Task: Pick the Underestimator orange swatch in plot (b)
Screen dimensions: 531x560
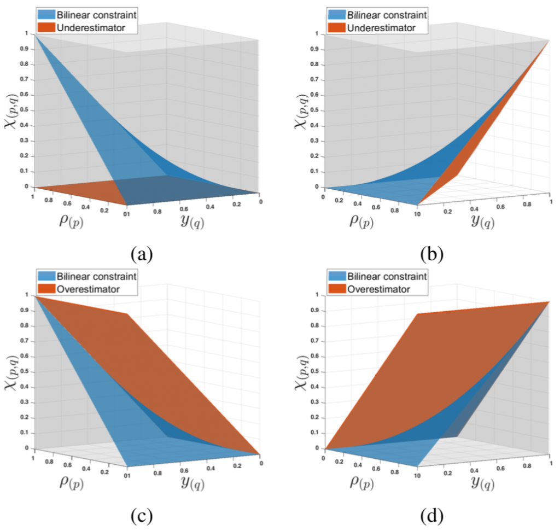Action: click(336, 27)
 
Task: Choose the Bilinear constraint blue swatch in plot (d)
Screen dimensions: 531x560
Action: click(336, 276)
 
